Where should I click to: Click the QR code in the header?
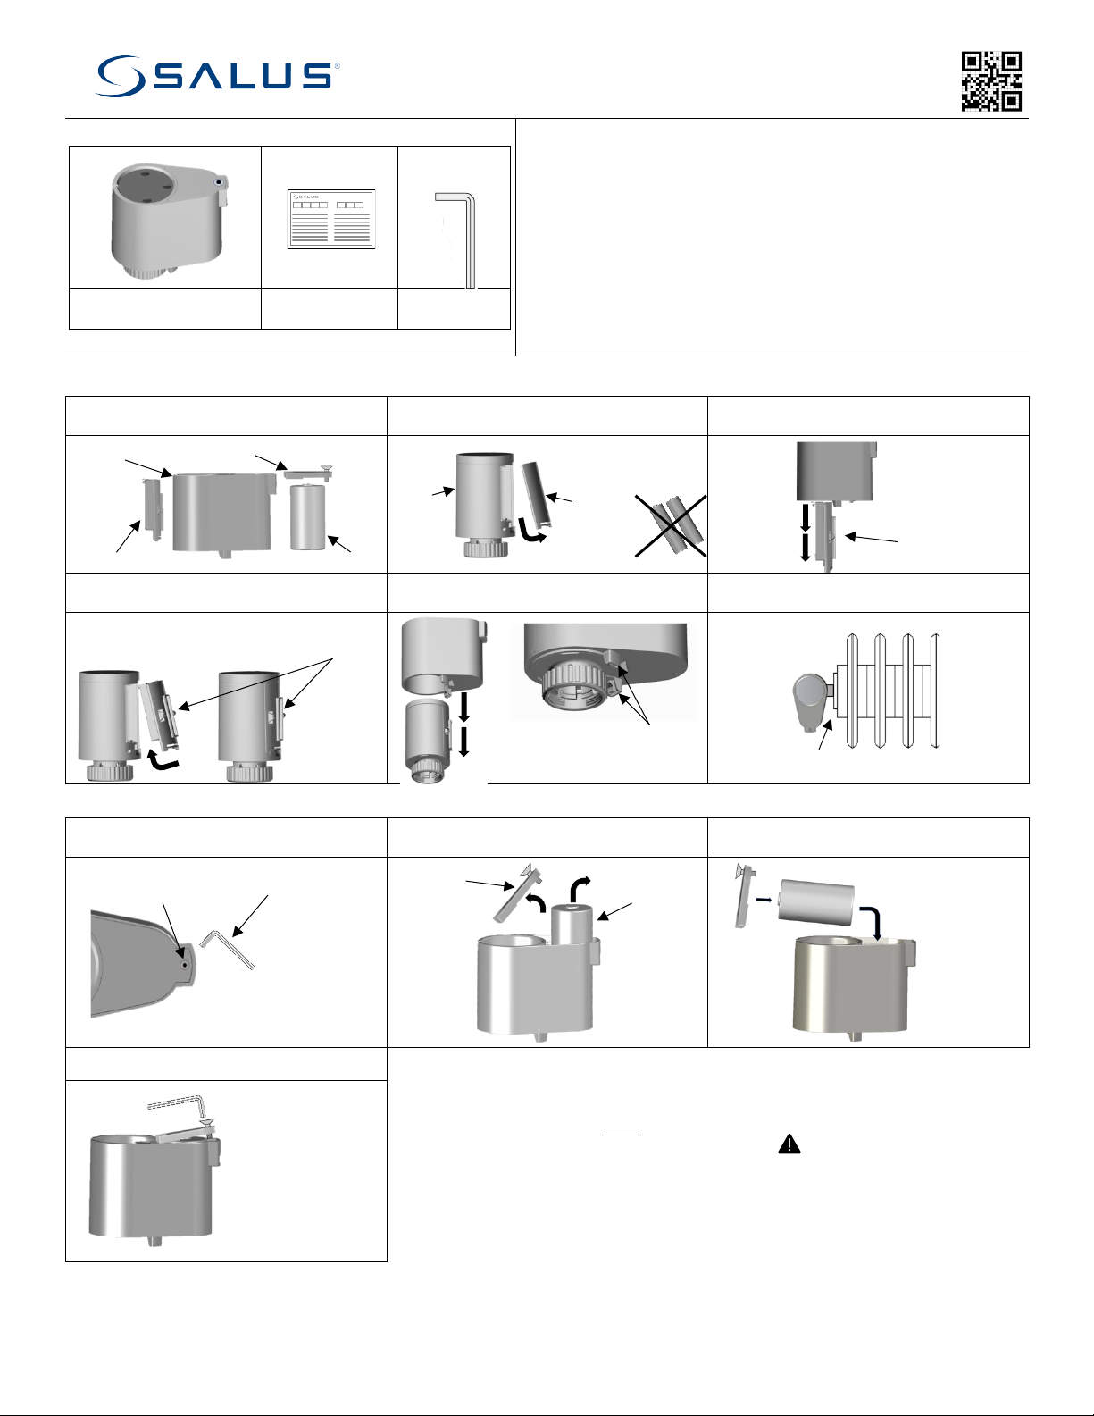pyautogui.click(x=991, y=81)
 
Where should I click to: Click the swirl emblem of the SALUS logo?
pyautogui.click(x=121, y=76)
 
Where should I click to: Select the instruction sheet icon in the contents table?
pyautogui.click(x=331, y=219)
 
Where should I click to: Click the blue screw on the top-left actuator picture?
pyautogui.click(x=220, y=182)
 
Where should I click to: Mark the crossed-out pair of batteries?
pyautogui.click(x=672, y=526)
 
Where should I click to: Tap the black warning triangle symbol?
pyautogui.click(x=789, y=1144)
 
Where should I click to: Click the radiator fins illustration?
pyautogui.click(x=889, y=690)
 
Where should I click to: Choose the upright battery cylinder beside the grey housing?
pyautogui.click(x=307, y=516)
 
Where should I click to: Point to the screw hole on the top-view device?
pyautogui.click(x=184, y=965)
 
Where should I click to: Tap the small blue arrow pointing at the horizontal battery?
pyautogui.click(x=764, y=900)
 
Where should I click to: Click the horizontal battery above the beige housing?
pyautogui.click(x=816, y=902)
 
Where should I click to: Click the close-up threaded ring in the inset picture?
pyautogui.click(x=576, y=688)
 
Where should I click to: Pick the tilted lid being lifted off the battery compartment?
pyautogui.click(x=514, y=892)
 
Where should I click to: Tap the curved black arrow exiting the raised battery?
pyautogui.click(x=580, y=887)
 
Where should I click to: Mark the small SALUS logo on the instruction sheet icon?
pyautogui.click(x=306, y=197)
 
